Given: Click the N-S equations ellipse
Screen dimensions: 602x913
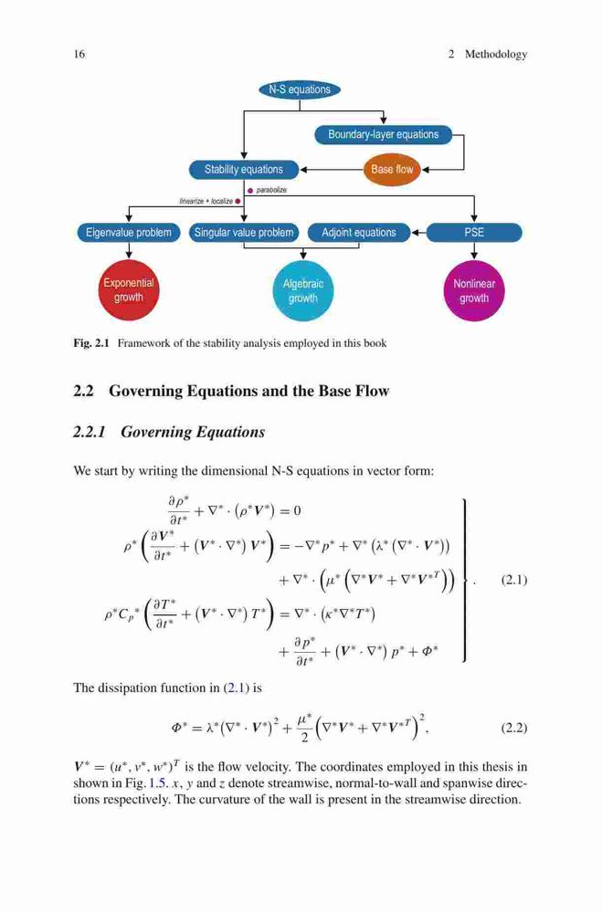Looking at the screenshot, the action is [x=300, y=89].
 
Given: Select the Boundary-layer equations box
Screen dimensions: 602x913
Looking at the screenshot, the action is [x=384, y=134].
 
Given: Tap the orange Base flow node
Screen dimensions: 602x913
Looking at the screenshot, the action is [x=392, y=170].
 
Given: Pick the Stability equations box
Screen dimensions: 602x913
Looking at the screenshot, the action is [x=244, y=170].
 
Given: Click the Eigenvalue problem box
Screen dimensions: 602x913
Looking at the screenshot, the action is [x=129, y=233].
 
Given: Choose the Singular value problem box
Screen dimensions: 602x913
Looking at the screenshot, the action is [x=244, y=233].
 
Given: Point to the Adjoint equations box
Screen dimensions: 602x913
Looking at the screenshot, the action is [x=358, y=233].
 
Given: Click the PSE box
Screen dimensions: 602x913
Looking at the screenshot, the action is [x=474, y=233].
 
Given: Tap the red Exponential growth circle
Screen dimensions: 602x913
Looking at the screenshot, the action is [x=129, y=290].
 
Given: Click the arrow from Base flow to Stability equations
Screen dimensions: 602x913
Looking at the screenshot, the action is [x=332, y=170].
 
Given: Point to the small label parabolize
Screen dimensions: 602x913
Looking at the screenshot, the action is [x=271, y=190].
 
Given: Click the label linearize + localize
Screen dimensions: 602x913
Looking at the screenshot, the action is [x=206, y=202].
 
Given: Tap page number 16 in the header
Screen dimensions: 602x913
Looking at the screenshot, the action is [x=79, y=54].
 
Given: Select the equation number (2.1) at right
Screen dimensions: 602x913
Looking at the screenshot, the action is [x=514, y=580].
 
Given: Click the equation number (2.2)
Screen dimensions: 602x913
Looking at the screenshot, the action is [x=514, y=728].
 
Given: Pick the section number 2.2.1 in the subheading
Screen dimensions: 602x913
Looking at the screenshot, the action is [x=90, y=432].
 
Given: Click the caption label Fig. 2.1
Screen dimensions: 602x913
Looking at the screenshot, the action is [x=91, y=343].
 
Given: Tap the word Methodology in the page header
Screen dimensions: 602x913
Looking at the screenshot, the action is [x=496, y=55].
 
